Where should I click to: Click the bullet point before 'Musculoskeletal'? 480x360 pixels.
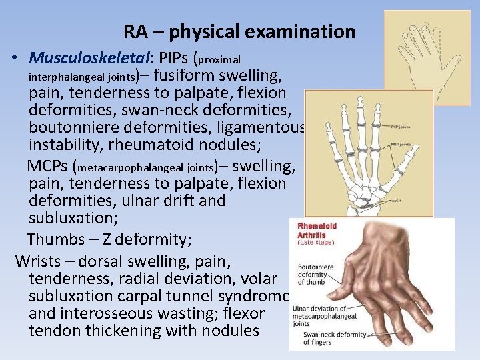tap(14, 58)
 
